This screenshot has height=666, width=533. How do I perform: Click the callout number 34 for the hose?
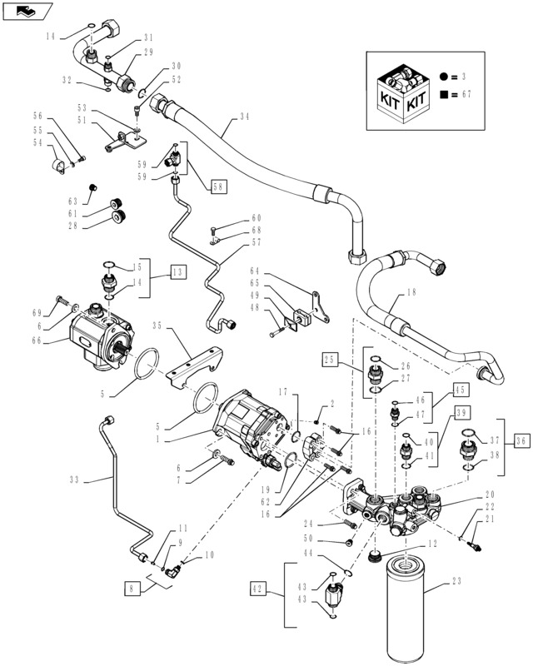coord(244,116)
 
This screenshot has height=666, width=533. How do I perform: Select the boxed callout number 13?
coord(178,272)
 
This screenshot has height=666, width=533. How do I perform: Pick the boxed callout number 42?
coord(258,589)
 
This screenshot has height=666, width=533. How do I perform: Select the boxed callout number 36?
coord(521,440)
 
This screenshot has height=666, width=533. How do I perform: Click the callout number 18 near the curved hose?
coord(411,293)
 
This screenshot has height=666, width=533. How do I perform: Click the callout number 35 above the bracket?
coord(157,326)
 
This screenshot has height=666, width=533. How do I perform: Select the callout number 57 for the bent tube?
coord(257,244)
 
